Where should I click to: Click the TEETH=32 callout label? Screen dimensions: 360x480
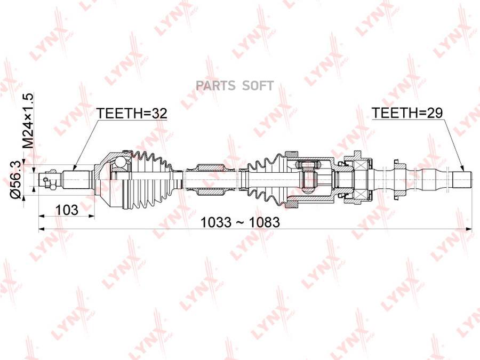point(132,113)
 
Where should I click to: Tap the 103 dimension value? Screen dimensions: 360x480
point(67,209)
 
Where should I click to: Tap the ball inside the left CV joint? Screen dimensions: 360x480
point(121,162)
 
